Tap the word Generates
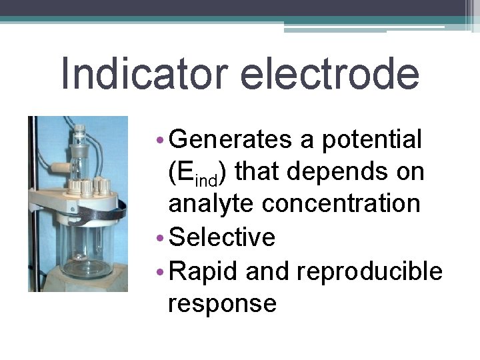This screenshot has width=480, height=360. coord(231,140)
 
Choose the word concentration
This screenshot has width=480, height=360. coord(341,204)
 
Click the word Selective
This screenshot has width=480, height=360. coord(222,237)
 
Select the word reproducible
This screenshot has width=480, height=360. coord(369,271)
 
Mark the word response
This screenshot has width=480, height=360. coord(222,303)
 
